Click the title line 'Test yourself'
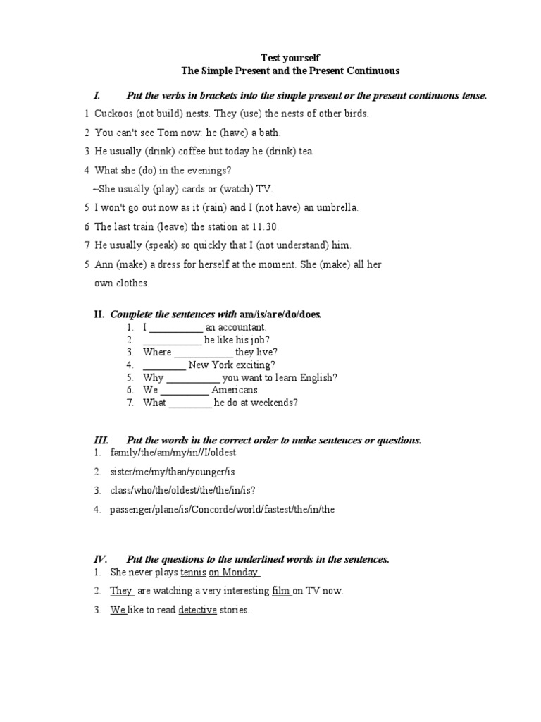(290, 57)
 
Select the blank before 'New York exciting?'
(164, 365)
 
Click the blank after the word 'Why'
(192, 378)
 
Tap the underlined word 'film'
(281, 592)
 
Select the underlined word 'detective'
(197, 611)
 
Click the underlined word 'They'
(120, 592)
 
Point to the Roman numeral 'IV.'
(102, 559)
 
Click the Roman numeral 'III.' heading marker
(102, 441)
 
